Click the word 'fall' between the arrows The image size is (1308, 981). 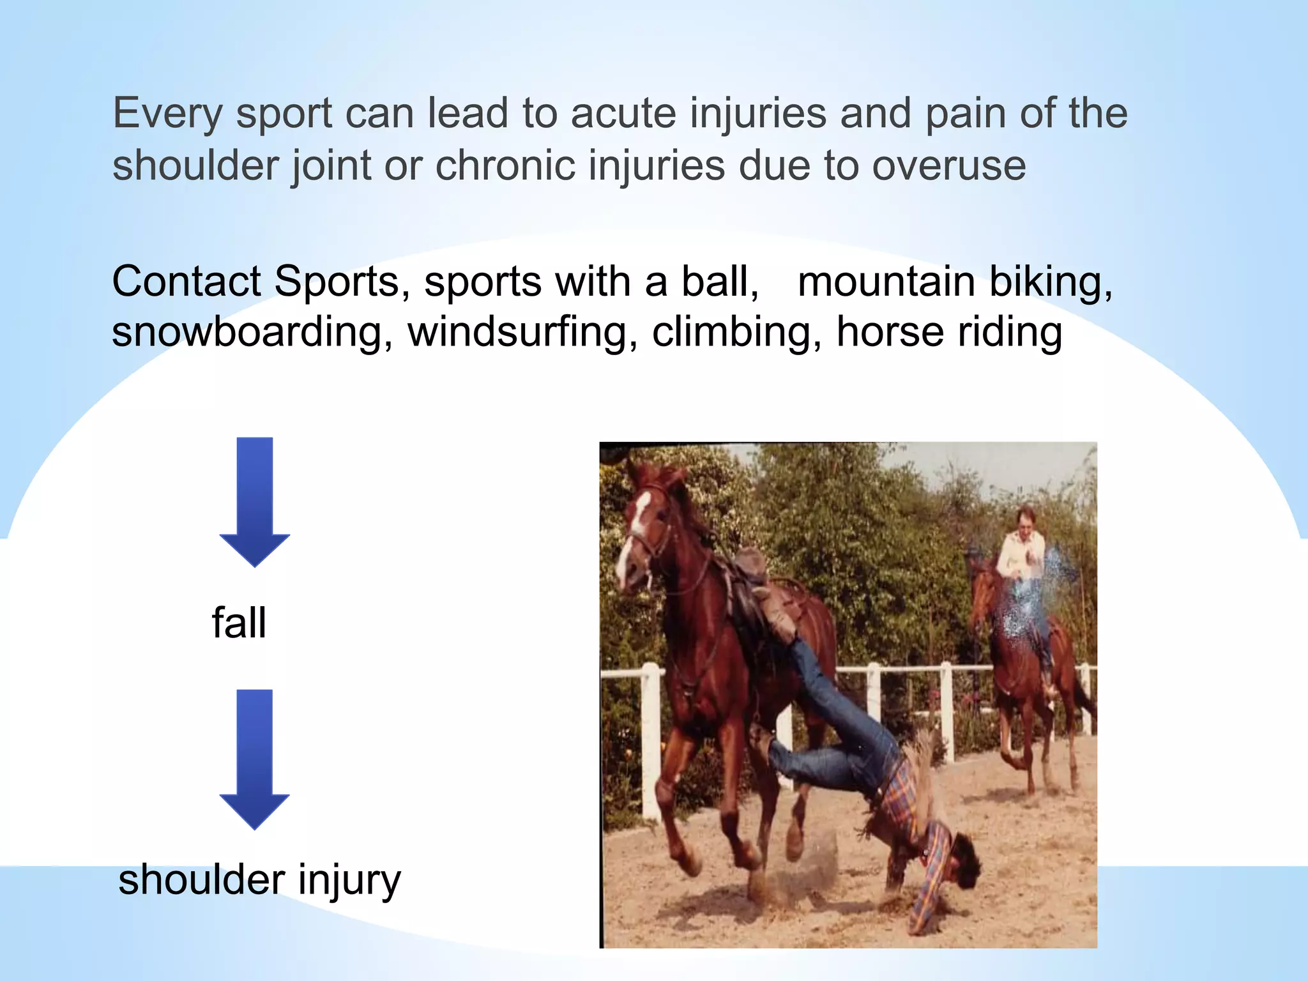pos(239,623)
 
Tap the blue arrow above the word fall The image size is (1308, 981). pos(254,502)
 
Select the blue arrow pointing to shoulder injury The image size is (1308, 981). pos(254,759)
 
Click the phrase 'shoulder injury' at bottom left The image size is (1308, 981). pos(259,880)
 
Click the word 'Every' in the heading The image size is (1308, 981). pos(168,114)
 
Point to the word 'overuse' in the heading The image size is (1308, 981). pos(949,165)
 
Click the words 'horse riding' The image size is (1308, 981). pos(949,333)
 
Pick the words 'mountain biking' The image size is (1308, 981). pos(954,282)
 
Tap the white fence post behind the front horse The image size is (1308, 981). pos(650,734)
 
